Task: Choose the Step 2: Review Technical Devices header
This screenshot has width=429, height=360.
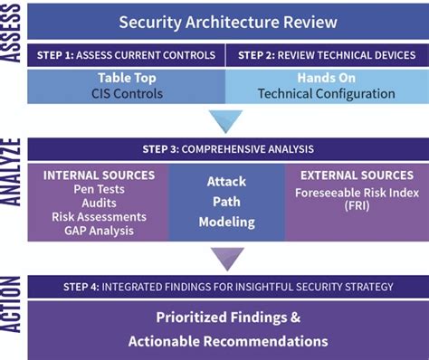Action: tap(327, 55)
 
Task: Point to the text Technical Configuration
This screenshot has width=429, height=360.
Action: tap(326, 94)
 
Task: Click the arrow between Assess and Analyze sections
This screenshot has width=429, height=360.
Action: tap(225, 121)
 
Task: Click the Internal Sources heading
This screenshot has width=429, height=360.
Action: tap(100, 175)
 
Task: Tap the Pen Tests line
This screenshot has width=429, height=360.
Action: tap(100, 190)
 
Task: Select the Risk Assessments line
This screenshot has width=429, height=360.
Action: tap(100, 217)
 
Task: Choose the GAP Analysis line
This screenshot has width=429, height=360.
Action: tap(100, 231)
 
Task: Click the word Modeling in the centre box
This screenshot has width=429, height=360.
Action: tap(225, 223)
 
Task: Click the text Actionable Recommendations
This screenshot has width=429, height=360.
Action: tap(227, 341)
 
